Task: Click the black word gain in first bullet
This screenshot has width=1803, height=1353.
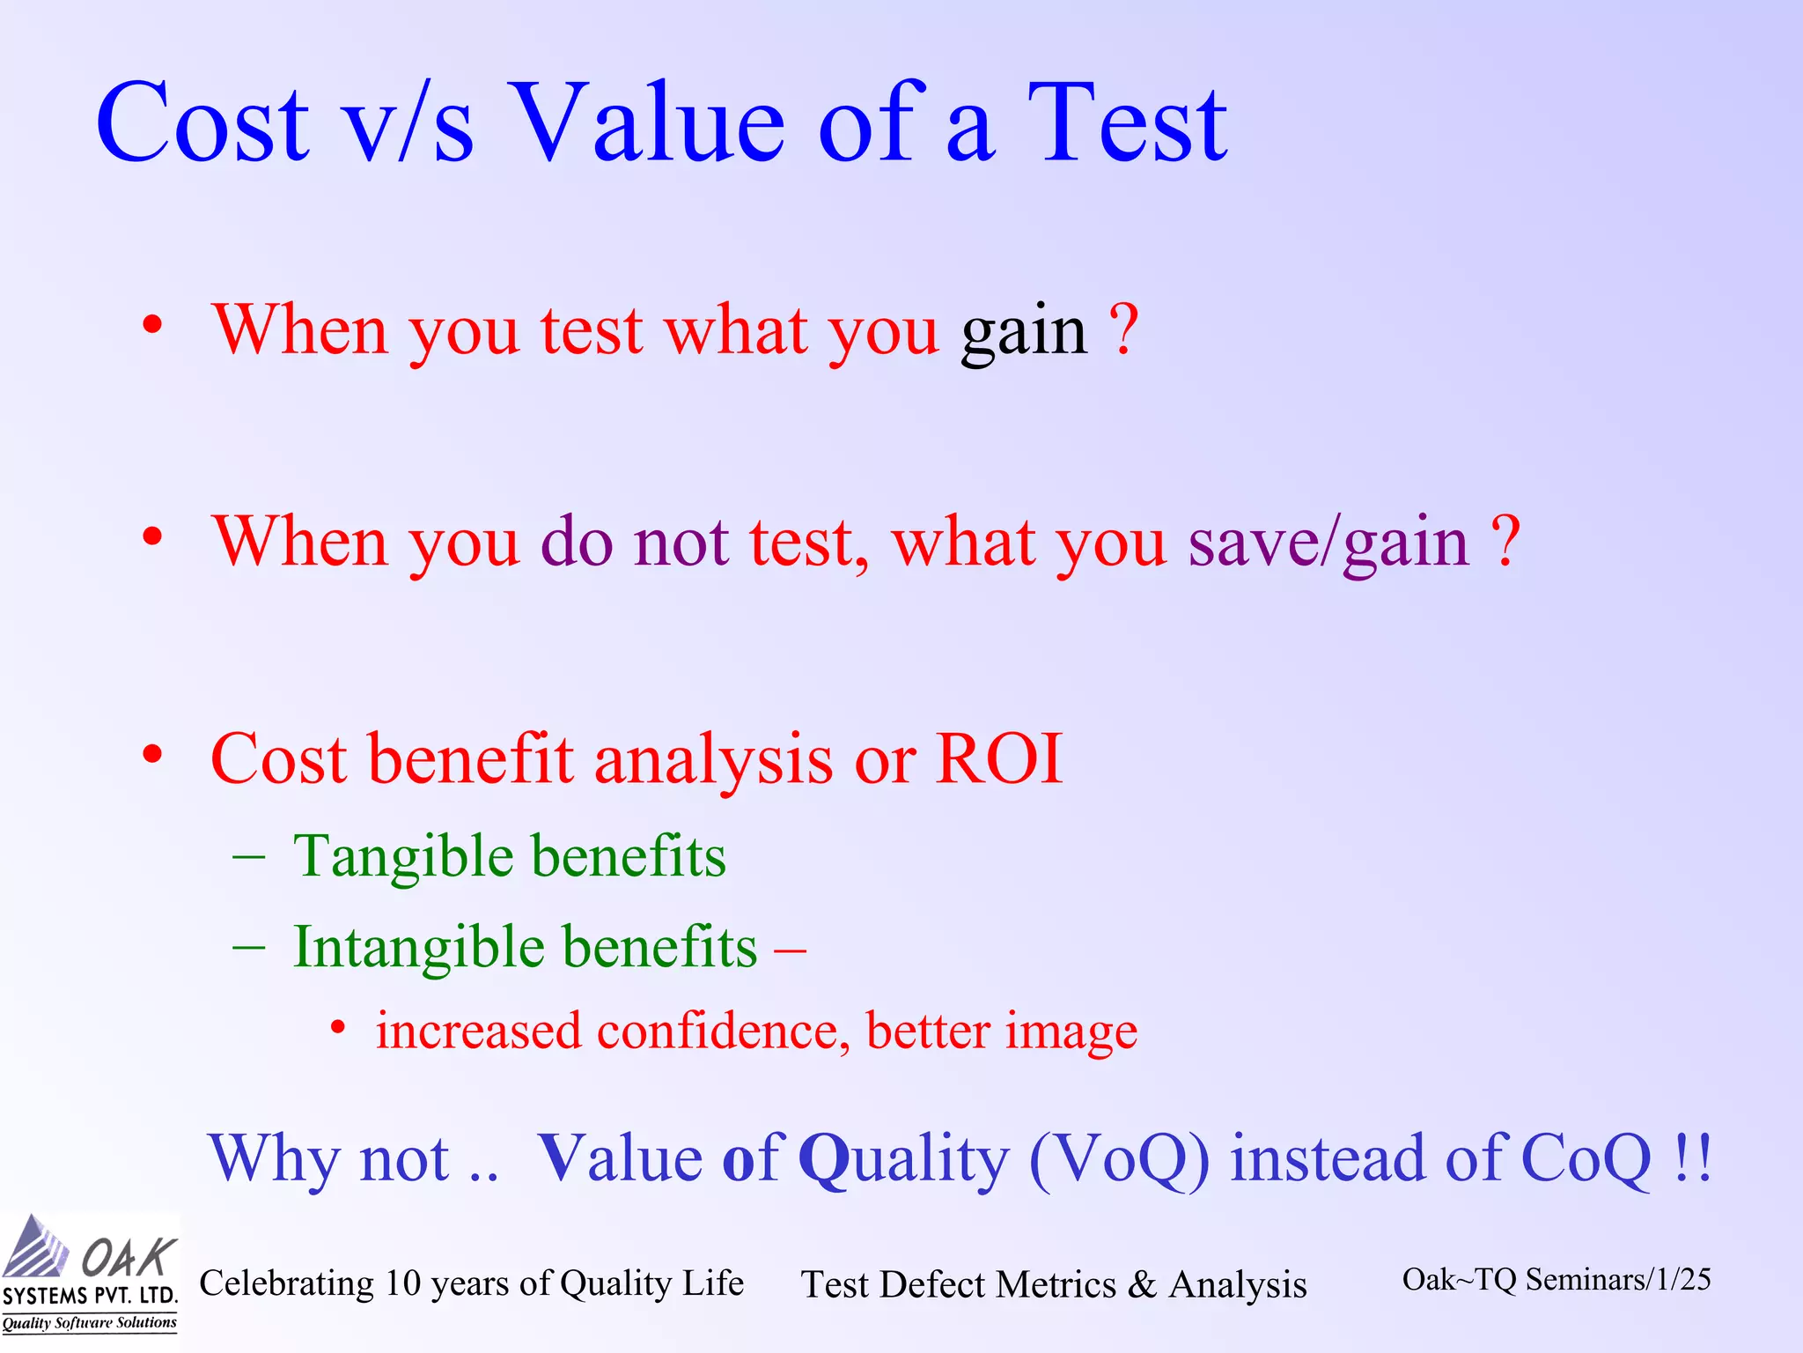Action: point(1024,332)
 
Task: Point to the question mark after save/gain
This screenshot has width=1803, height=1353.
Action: point(1506,540)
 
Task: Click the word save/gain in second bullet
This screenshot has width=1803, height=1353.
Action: point(1328,543)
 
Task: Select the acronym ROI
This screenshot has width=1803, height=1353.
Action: point(999,758)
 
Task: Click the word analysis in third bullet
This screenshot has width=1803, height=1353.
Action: point(713,760)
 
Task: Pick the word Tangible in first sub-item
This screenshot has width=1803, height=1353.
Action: point(403,857)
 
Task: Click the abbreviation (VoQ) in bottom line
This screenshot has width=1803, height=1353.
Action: point(1119,1157)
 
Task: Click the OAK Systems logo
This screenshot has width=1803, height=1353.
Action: point(89,1273)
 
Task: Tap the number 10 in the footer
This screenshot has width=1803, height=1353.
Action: point(403,1283)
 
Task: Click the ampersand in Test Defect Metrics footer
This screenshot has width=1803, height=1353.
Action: point(1142,1284)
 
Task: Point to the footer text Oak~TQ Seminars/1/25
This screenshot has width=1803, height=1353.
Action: point(1556,1279)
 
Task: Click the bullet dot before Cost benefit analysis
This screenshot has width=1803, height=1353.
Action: point(152,755)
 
